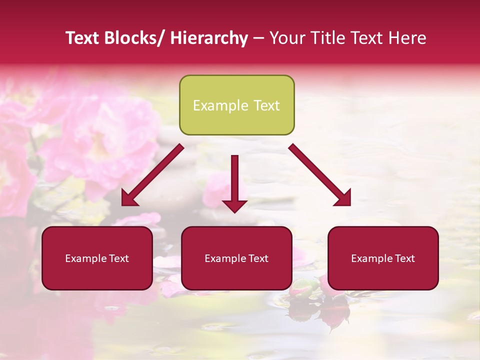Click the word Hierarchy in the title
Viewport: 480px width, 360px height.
coord(209,38)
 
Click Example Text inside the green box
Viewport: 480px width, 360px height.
coord(236,105)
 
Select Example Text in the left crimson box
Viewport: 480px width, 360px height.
coord(97,258)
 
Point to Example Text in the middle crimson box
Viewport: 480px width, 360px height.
coord(236,258)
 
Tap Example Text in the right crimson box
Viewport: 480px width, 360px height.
coord(383,258)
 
